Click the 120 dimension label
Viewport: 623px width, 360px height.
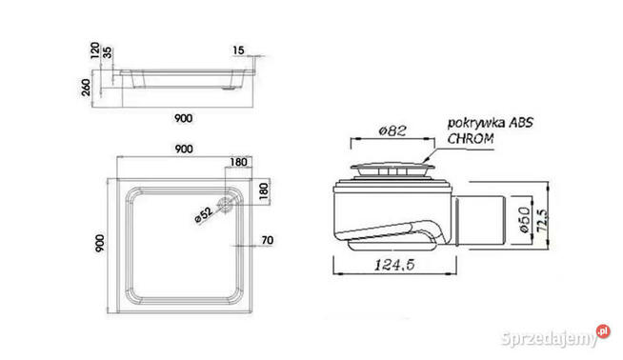tap(94, 50)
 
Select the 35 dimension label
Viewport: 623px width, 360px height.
tap(108, 52)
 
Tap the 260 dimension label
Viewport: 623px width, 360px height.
tap(86, 87)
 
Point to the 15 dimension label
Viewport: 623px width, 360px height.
tap(238, 50)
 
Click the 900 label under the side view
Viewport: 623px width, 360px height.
tap(183, 118)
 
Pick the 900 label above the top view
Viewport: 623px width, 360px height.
tap(184, 149)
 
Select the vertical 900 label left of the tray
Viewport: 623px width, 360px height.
tap(100, 243)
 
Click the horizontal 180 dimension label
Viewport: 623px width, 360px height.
tap(238, 162)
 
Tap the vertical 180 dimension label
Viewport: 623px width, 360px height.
tap(264, 191)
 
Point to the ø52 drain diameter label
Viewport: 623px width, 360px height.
tap(204, 214)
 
